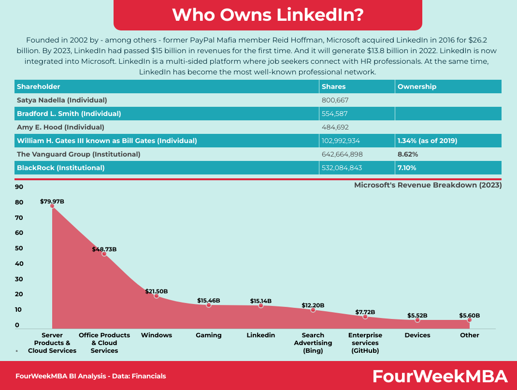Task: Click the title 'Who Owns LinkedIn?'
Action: pyautogui.click(x=268, y=15)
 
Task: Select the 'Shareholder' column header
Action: pyautogui.click(x=39, y=87)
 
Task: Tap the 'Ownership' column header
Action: pyautogui.click(x=416, y=87)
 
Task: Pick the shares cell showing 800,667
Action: pyautogui.click(x=335, y=100)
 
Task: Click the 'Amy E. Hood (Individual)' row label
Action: pyautogui.click(x=60, y=127)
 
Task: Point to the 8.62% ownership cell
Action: pyautogui.click(x=407, y=154)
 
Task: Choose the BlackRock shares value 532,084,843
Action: pyautogui.click(x=342, y=168)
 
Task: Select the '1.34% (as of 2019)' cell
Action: pyautogui.click(x=427, y=141)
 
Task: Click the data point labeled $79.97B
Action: pyautogui.click(x=52, y=206)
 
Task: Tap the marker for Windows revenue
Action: pyautogui.click(x=157, y=296)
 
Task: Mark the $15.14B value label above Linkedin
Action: pyautogui.click(x=261, y=301)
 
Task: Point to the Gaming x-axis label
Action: pyautogui.click(x=209, y=335)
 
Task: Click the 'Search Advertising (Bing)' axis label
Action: pyautogui.click(x=313, y=343)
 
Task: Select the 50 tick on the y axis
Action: pyautogui.click(x=19, y=248)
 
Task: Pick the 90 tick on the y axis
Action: pyautogui.click(x=19, y=187)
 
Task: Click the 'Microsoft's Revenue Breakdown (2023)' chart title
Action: pyautogui.click(x=428, y=185)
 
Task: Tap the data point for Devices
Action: pyautogui.click(x=417, y=320)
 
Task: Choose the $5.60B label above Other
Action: pyautogui.click(x=470, y=316)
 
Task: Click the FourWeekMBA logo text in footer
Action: pyautogui.click(x=440, y=376)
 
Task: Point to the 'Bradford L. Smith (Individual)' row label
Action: pyautogui.click(x=69, y=114)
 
